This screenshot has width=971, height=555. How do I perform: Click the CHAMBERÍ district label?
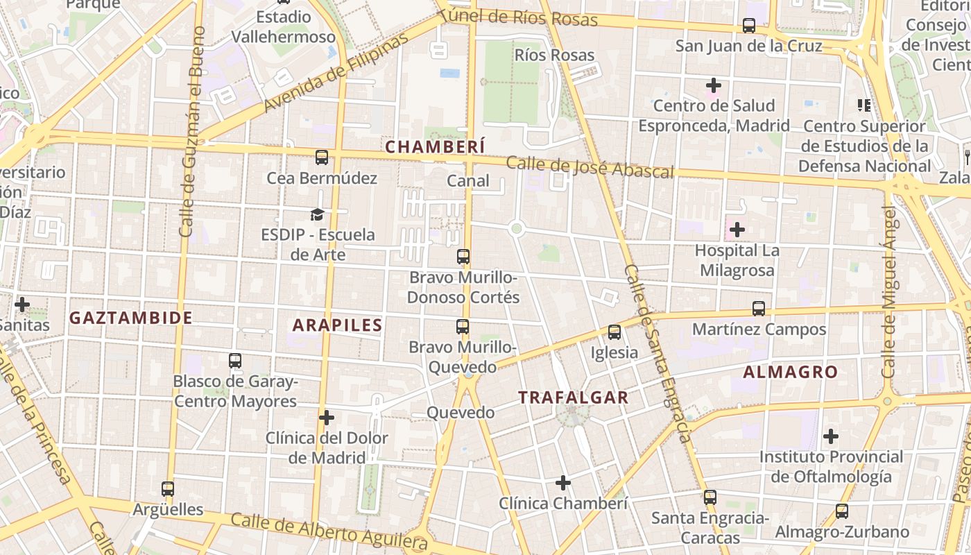coord(435,147)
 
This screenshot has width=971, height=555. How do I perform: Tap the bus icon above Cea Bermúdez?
coord(322,157)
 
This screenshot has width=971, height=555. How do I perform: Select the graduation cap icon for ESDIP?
coord(318,214)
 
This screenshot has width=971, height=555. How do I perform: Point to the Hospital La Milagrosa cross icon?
coord(737,229)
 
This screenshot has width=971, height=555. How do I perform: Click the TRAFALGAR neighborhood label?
coord(574,398)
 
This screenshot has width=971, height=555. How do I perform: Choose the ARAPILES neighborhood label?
coord(338,325)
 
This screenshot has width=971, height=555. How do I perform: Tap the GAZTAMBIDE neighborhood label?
coord(131,318)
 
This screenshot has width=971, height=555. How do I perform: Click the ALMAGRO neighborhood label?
coord(791,372)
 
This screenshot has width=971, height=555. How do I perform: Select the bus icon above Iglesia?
coord(614,332)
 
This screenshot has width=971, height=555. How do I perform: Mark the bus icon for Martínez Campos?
coord(759,309)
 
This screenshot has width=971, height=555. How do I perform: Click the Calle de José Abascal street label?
coord(590,167)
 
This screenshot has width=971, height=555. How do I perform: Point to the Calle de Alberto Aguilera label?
coord(329,529)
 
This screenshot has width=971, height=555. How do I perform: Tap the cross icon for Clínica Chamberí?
coord(563,482)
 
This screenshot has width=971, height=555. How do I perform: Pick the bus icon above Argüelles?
coord(168,489)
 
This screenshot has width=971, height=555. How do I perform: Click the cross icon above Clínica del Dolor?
coord(327,418)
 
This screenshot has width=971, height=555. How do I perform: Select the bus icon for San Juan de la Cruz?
coord(749,26)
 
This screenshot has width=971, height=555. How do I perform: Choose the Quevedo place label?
coord(461,413)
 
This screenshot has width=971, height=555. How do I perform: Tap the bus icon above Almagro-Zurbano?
coord(842,511)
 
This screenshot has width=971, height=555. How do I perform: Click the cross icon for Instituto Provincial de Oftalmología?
coord(831,436)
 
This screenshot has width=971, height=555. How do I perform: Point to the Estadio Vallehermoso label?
coord(284,26)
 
